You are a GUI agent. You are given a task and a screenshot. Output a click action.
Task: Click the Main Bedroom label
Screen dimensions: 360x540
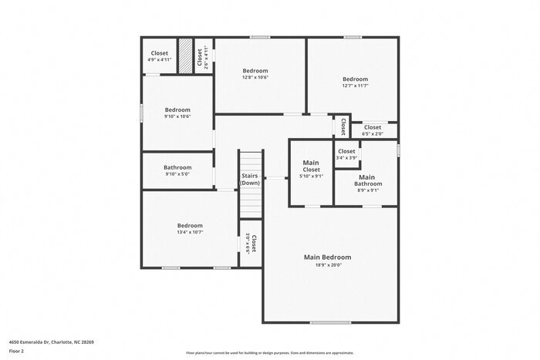click(327, 257)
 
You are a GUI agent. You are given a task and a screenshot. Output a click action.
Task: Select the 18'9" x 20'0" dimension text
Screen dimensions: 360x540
click(327, 265)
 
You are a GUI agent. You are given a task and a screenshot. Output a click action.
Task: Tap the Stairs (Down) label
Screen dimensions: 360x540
click(250, 180)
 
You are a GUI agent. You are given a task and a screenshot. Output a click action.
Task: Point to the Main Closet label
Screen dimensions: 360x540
click(311, 166)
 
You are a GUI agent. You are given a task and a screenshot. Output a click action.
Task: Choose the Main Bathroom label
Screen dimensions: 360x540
click(367, 180)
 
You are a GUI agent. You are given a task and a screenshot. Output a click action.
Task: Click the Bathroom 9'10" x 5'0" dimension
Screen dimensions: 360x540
click(177, 174)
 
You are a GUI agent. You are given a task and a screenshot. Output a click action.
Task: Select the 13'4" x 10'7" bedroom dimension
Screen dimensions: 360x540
click(190, 232)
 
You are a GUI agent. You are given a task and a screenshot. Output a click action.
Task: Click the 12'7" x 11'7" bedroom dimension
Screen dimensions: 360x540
click(355, 86)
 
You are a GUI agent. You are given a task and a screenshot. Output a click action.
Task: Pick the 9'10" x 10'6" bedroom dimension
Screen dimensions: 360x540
click(177, 116)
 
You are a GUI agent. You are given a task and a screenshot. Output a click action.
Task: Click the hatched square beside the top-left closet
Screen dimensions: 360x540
click(186, 56)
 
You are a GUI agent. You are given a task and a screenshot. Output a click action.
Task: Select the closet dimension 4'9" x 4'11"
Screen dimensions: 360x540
click(160, 59)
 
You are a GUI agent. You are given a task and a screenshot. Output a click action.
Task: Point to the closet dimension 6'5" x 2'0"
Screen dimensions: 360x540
click(372, 134)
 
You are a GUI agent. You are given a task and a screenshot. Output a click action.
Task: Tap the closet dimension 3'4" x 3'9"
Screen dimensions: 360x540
click(346, 158)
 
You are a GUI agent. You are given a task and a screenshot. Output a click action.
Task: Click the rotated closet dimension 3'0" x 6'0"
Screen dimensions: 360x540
click(248, 244)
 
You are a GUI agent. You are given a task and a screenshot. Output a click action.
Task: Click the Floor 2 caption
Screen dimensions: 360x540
click(17, 350)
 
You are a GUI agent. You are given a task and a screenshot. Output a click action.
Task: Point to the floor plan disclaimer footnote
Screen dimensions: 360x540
click(269, 350)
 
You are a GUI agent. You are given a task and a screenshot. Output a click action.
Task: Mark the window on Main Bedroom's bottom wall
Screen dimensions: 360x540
click(325, 322)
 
